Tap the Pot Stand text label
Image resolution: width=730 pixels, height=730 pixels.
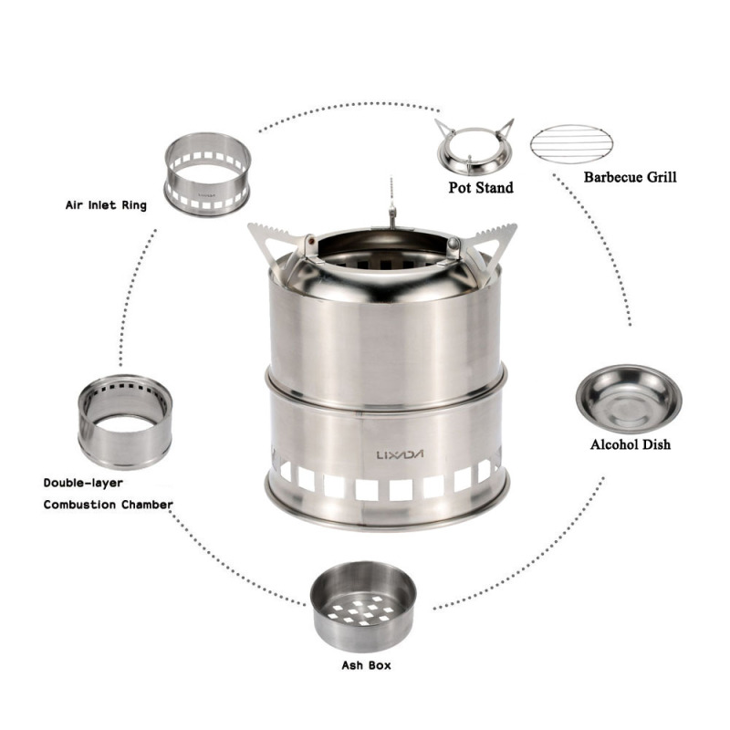click(x=480, y=188)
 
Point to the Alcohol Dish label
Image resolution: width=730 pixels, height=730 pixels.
click(x=629, y=445)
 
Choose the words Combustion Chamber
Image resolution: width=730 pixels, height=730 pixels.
click(x=108, y=504)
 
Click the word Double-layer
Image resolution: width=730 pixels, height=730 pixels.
click(x=83, y=482)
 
